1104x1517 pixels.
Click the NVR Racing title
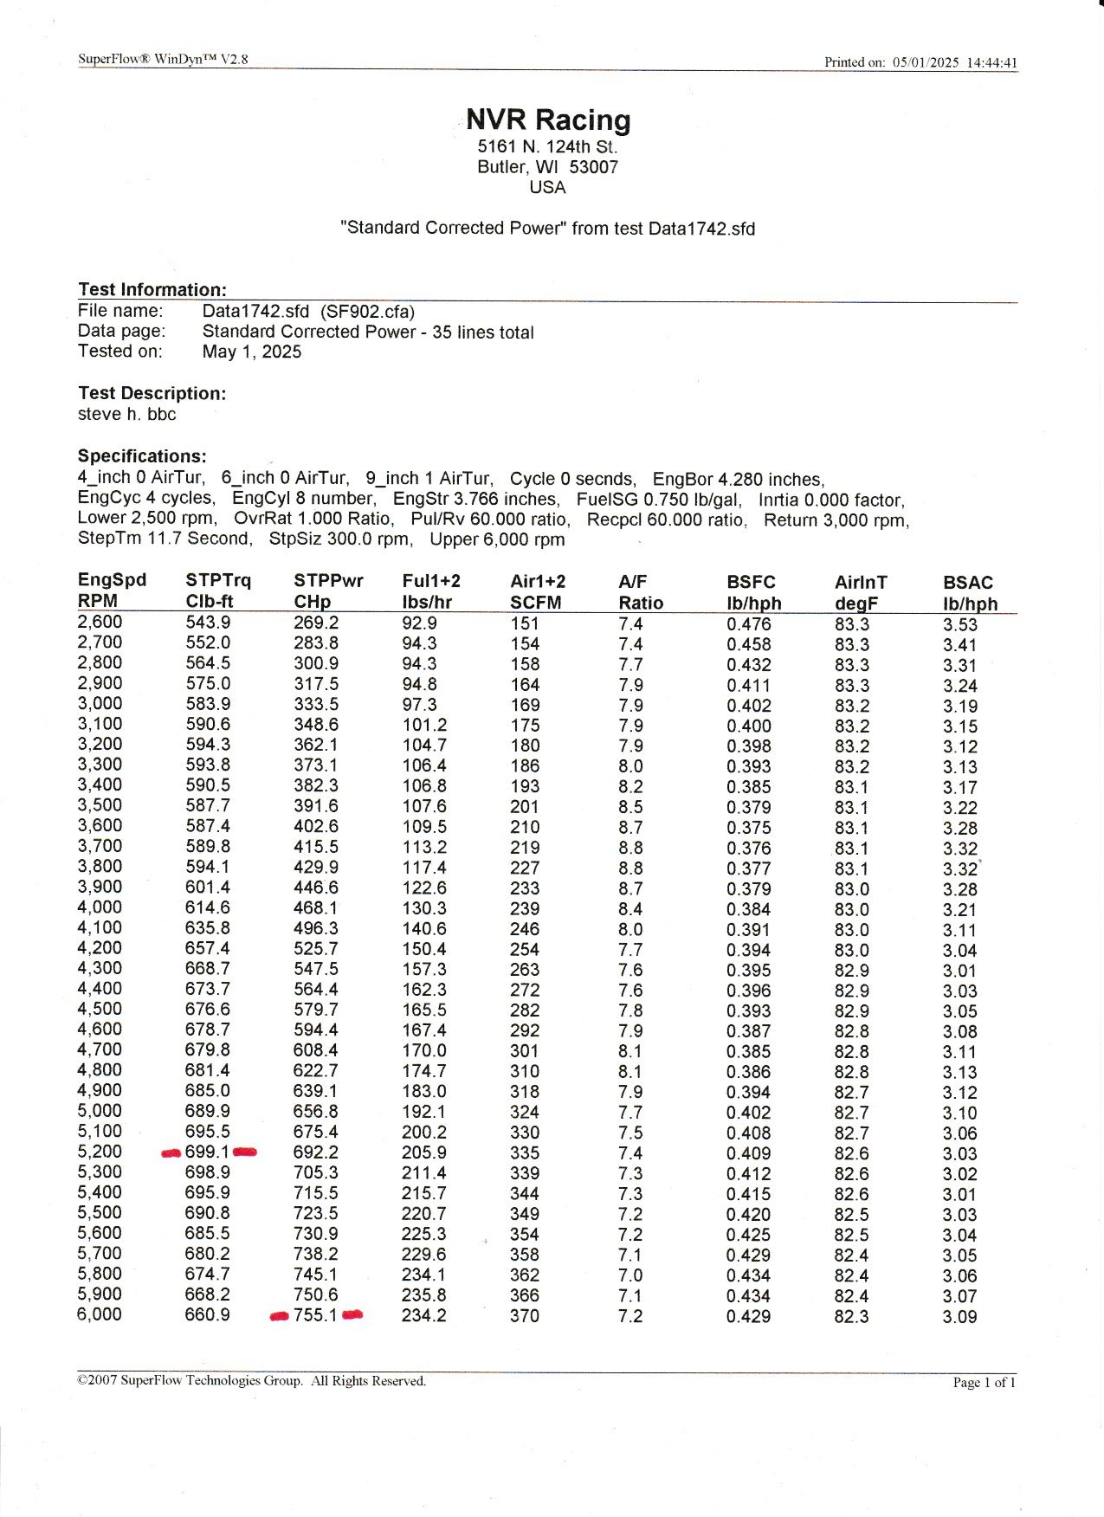[x=548, y=119]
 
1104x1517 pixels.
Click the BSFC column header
[x=751, y=582]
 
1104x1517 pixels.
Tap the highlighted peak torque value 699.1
[x=207, y=1152]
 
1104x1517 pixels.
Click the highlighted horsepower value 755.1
[x=315, y=1314]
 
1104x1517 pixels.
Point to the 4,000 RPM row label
[x=100, y=907]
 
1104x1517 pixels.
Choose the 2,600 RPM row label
[x=100, y=622]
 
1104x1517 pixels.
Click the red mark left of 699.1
[x=171, y=1152]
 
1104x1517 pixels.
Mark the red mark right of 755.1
[x=352, y=1314]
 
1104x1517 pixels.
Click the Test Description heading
[x=152, y=393]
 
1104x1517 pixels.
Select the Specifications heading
[x=142, y=456]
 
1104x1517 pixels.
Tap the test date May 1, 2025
[x=251, y=352]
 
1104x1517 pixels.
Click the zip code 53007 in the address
[x=593, y=167]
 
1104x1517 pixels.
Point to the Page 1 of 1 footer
[x=984, y=1382]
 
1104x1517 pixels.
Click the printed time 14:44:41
[x=991, y=62]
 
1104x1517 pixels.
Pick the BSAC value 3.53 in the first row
[x=959, y=624]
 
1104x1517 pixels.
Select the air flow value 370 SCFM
[x=525, y=1316]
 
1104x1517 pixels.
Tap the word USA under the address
[x=547, y=187]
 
